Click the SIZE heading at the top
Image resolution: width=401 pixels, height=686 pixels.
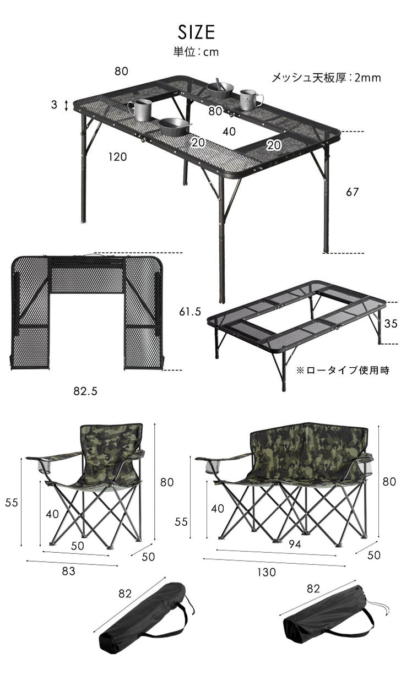click(x=196, y=32)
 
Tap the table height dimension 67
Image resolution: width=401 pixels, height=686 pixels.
click(x=353, y=192)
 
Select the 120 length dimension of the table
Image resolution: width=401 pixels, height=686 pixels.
click(x=117, y=157)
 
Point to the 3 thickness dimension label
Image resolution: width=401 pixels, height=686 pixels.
click(x=54, y=105)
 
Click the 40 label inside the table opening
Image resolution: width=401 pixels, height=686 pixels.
click(x=229, y=132)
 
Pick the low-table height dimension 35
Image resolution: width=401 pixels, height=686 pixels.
click(x=391, y=324)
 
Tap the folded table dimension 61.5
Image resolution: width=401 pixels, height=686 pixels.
click(x=190, y=312)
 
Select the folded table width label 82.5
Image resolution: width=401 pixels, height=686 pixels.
click(x=85, y=391)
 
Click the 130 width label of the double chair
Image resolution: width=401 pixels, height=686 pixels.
click(x=267, y=572)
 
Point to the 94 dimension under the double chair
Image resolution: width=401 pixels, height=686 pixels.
click(x=295, y=544)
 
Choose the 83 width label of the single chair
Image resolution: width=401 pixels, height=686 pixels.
click(x=68, y=571)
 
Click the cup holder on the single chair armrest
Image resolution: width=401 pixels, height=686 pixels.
click(x=44, y=467)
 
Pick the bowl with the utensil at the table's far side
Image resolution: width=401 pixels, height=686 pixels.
click(x=219, y=89)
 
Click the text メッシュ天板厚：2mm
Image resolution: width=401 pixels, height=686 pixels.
click(x=327, y=78)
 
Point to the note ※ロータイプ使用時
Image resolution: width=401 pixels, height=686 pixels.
click(x=343, y=371)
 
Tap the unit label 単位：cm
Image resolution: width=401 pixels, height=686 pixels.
click(x=196, y=52)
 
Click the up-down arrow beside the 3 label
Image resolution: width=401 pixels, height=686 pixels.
click(x=66, y=106)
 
